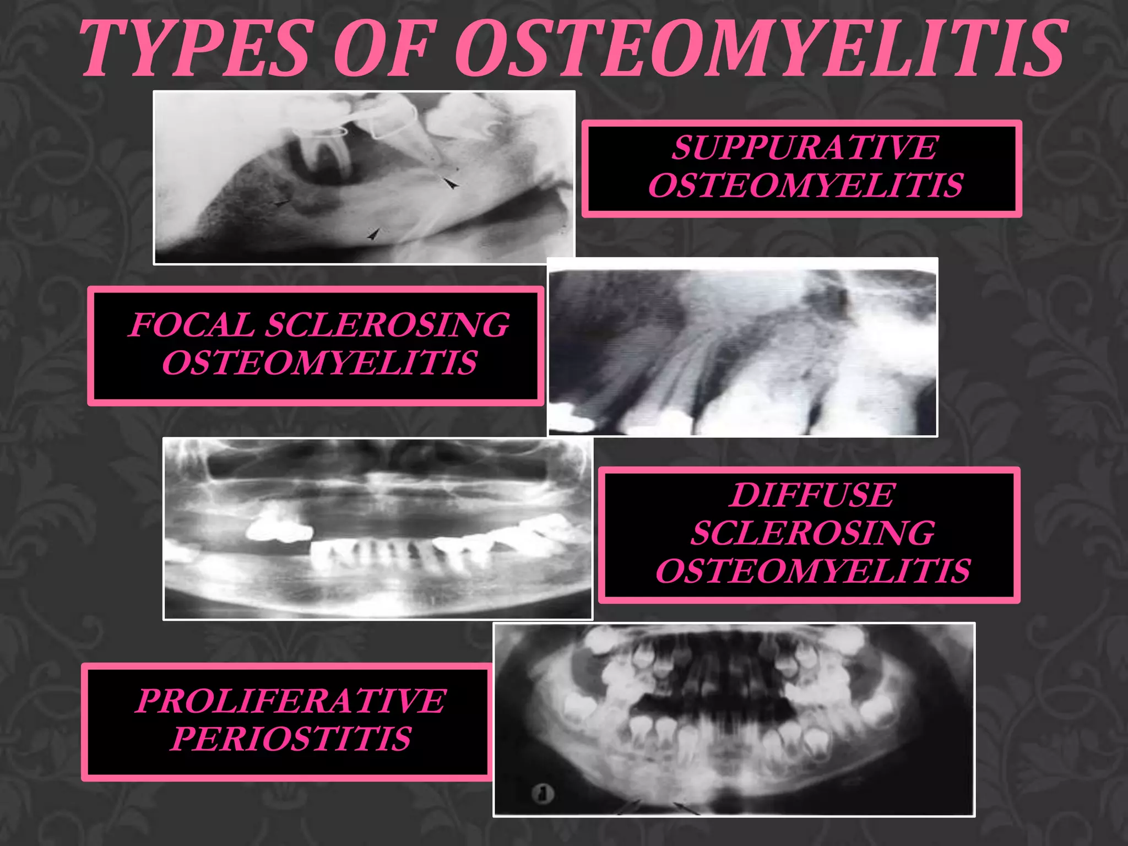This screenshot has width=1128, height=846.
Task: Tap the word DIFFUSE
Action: tap(812, 495)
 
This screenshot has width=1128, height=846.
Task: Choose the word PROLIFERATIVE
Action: tap(290, 701)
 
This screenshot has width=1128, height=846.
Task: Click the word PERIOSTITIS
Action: tap(290, 739)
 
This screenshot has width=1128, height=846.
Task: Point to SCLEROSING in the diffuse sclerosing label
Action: tap(812, 533)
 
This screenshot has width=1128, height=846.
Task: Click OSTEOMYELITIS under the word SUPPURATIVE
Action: tap(805, 185)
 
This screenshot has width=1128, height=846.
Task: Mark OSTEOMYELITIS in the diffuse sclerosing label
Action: tap(812, 571)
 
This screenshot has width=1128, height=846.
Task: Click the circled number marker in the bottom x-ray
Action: tap(543, 794)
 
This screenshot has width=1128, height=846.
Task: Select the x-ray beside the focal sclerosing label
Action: tap(742, 347)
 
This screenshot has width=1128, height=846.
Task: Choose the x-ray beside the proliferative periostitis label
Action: tap(734, 719)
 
